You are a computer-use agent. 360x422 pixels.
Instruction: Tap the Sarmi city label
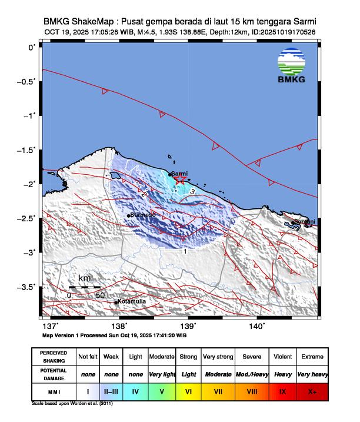(x=180, y=174)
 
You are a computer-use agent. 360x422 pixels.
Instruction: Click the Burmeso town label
(x=143, y=215)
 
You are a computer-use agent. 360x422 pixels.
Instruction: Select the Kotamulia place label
(x=132, y=302)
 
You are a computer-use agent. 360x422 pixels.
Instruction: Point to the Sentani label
(x=305, y=221)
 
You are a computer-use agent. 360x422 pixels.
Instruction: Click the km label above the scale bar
(x=85, y=278)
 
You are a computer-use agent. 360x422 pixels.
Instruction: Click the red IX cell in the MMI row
(x=283, y=390)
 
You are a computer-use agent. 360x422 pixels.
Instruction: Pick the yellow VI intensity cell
(x=188, y=390)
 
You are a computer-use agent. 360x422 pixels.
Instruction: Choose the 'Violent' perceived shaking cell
(x=283, y=357)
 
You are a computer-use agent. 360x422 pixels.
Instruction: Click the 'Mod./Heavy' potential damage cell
(x=250, y=374)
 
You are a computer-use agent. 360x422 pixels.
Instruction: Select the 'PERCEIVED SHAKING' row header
(x=53, y=357)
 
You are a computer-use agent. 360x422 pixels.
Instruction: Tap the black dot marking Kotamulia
(x=116, y=303)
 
